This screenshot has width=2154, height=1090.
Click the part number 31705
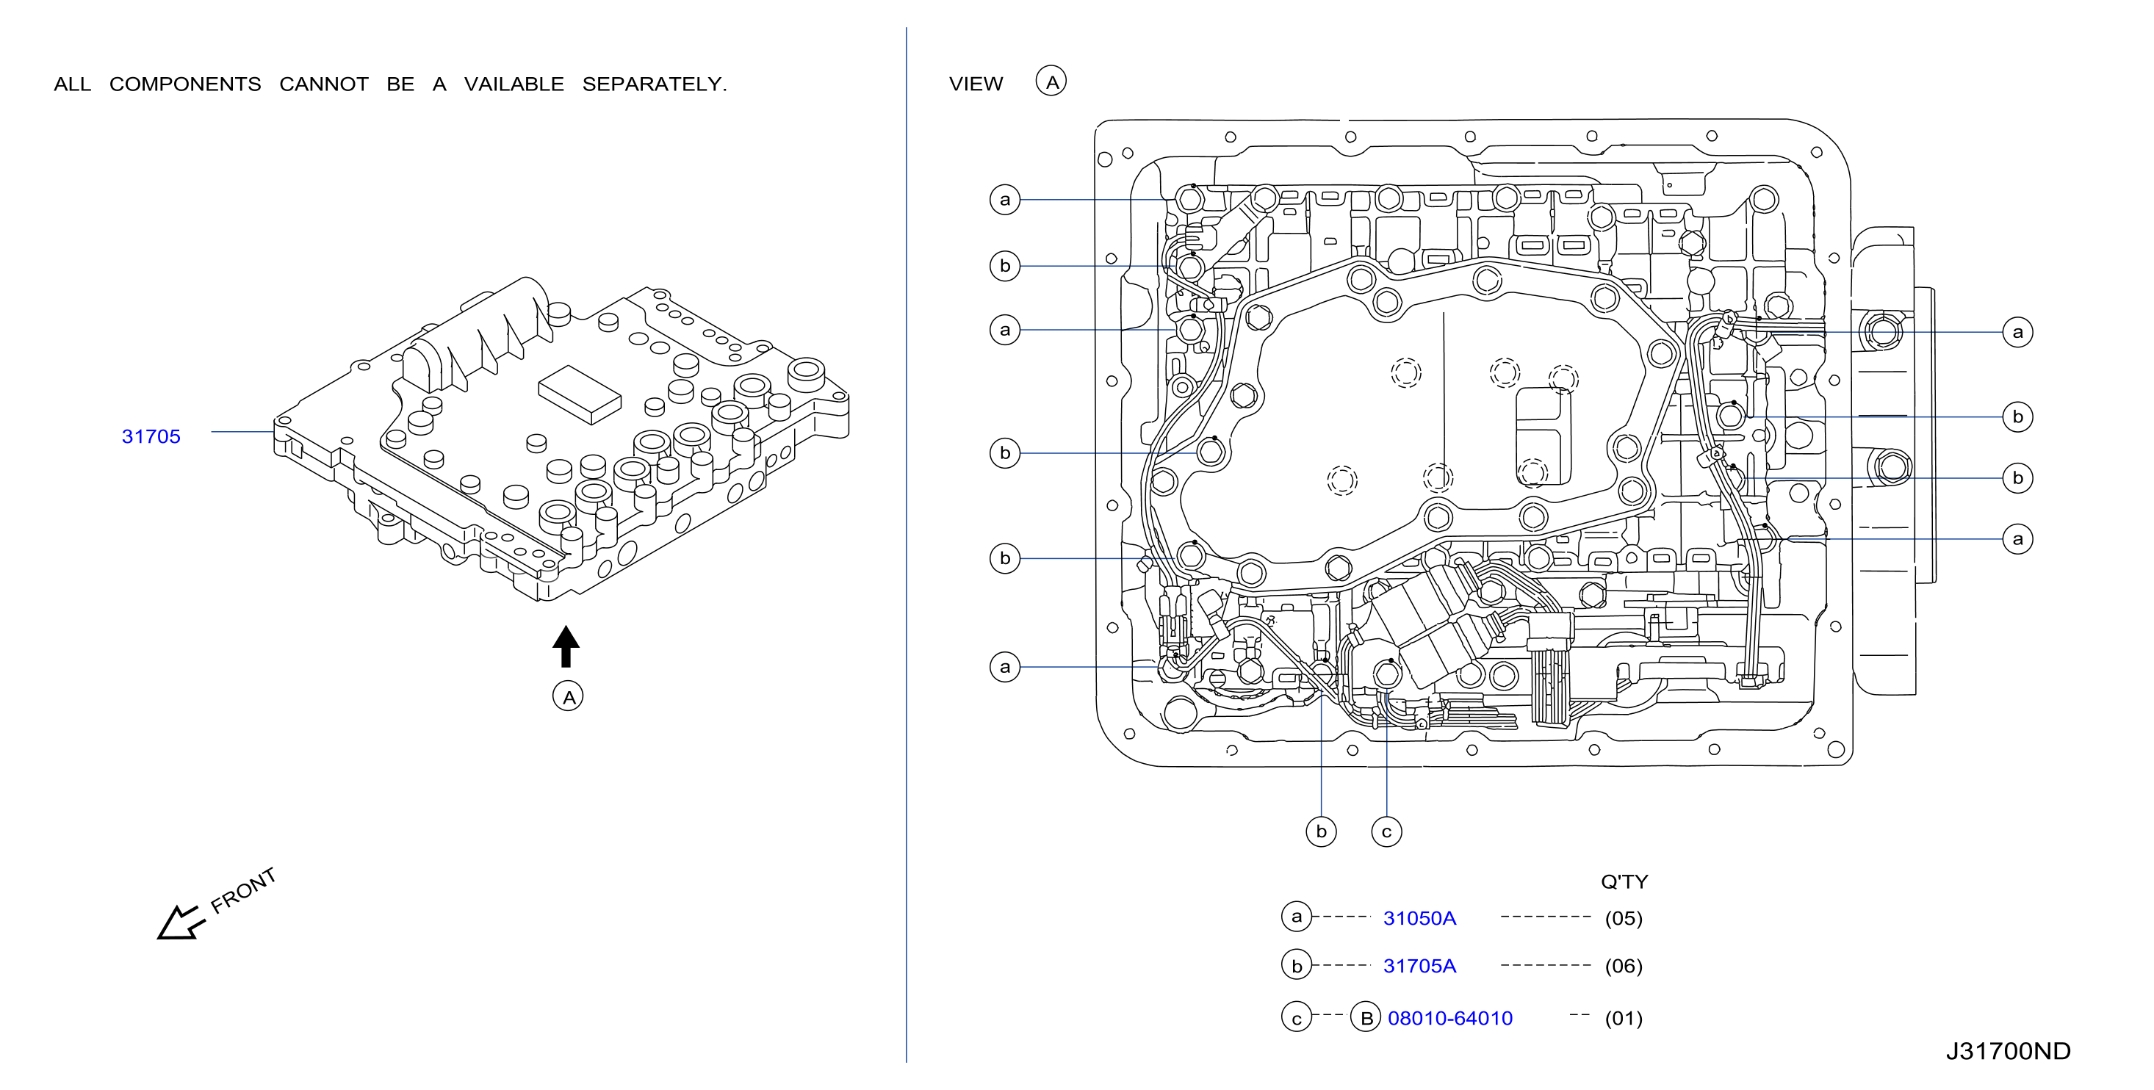click(x=151, y=436)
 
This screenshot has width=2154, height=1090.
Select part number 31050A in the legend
click(x=1419, y=918)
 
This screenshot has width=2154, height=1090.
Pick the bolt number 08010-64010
click(x=1450, y=1018)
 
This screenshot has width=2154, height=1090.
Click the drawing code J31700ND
click(x=2008, y=1051)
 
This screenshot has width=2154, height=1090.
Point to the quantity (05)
click(x=1623, y=918)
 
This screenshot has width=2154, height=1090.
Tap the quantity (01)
click(x=1623, y=1018)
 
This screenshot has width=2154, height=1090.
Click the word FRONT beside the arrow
click(x=242, y=890)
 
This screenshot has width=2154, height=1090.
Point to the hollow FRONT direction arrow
click(x=181, y=923)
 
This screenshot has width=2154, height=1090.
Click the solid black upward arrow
click(x=566, y=646)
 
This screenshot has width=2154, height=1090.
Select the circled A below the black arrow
click(x=568, y=696)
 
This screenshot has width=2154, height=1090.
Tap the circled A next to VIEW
click(x=1051, y=81)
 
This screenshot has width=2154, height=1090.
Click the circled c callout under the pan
click(x=1386, y=831)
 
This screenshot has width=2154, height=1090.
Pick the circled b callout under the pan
click(x=1321, y=831)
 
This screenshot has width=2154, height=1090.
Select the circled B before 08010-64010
click(x=1366, y=1017)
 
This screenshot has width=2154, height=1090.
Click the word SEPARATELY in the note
click(x=654, y=84)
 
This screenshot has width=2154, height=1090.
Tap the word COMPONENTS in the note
click(x=185, y=84)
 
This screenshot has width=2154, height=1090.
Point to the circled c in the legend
click(x=1296, y=1017)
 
